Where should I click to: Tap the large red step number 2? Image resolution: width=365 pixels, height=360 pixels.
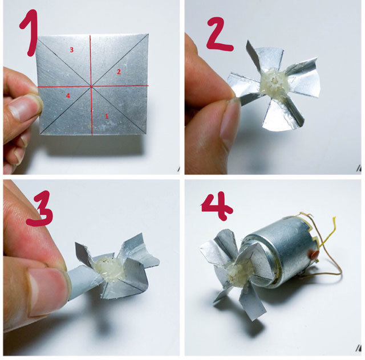(219, 34)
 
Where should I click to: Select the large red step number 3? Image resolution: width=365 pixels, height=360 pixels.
(39, 208)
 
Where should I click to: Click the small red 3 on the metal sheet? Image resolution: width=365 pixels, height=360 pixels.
(72, 50)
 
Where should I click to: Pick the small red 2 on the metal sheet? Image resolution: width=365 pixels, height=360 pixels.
(119, 72)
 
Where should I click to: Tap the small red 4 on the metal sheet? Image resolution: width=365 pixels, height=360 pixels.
(68, 96)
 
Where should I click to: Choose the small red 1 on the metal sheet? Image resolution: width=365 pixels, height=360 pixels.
(107, 116)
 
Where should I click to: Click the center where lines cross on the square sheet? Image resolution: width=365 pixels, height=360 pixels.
(91, 87)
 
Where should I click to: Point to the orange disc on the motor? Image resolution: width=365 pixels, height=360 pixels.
(314, 255)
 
